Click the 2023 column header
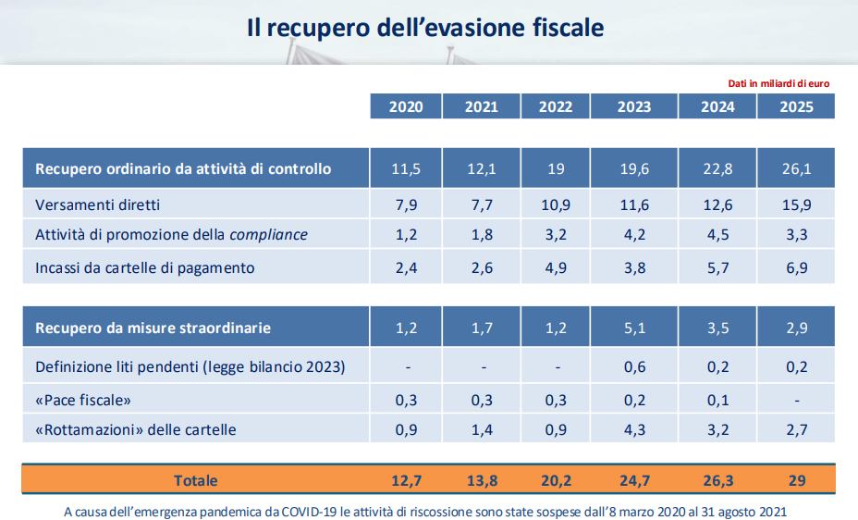pyautogui.click(x=634, y=107)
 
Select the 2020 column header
pyautogui.click(x=406, y=107)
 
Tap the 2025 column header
pyautogui.click(x=796, y=107)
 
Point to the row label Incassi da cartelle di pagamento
pyautogui.click(x=144, y=268)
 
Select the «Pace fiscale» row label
pyautogui.click(x=83, y=399)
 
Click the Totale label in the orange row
pyautogui.click(x=195, y=480)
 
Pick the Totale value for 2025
pyautogui.click(x=796, y=480)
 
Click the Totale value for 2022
pyautogui.click(x=556, y=480)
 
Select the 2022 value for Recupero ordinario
pyautogui.click(x=556, y=169)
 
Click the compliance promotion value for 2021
pyautogui.click(x=482, y=235)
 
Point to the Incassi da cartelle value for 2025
pyautogui.click(x=796, y=268)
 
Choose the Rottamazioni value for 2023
pyautogui.click(x=634, y=429)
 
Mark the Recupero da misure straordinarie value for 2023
pyautogui.click(x=634, y=328)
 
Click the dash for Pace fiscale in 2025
pyautogui.click(x=796, y=400)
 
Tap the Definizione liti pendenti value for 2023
pyautogui.click(x=634, y=367)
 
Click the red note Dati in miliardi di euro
pyautogui.click(x=778, y=83)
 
